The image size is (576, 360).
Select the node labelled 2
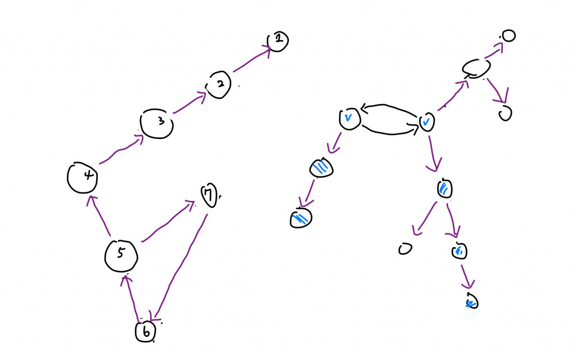coord(219,85)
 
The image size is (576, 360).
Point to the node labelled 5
coord(121,255)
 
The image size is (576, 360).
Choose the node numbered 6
coord(145,332)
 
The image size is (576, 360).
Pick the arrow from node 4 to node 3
coord(118,152)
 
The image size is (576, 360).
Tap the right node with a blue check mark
coord(427,121)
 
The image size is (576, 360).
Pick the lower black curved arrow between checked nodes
coord(390,130)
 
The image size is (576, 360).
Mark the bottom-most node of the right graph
coord(471,301)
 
